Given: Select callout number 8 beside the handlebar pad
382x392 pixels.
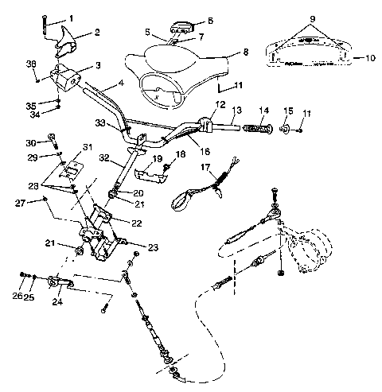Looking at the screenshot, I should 245,51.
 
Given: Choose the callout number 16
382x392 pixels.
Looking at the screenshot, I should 205,149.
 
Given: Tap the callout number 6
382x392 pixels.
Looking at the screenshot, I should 210,21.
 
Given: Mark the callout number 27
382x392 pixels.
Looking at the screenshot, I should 29,203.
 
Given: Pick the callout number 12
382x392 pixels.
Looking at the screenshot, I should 220,104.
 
